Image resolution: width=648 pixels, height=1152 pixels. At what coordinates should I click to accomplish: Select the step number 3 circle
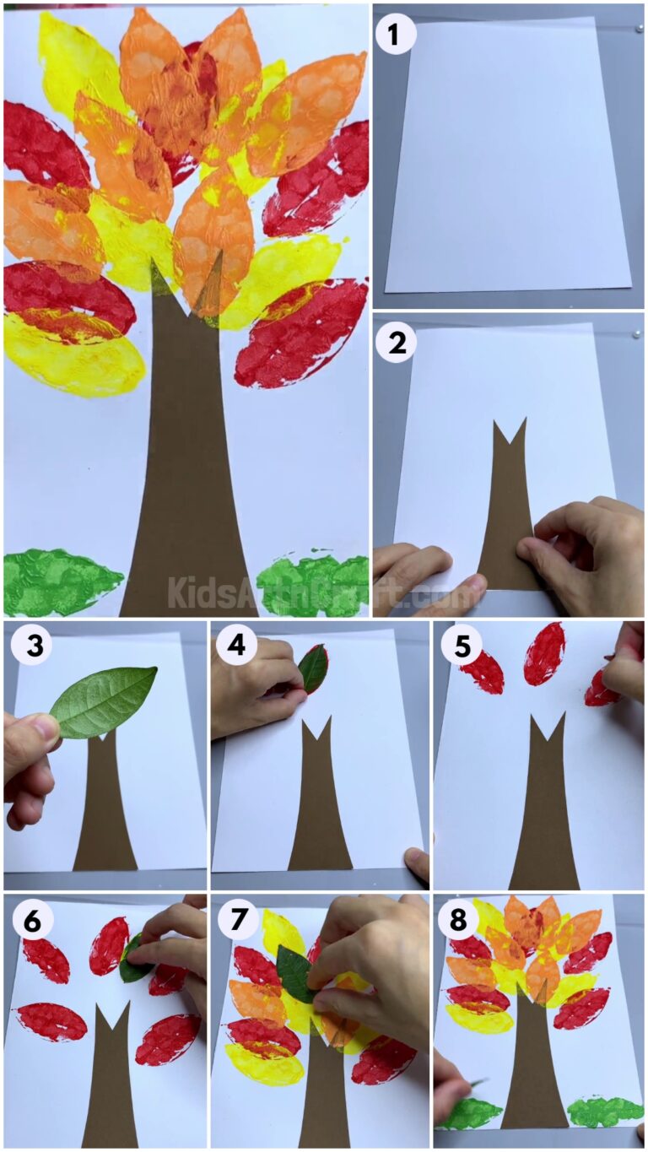coord(31,646)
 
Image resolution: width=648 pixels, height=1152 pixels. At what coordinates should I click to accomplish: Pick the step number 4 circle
coord(238,646)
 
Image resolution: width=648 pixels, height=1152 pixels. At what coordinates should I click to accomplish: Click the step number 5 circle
coord(462,646)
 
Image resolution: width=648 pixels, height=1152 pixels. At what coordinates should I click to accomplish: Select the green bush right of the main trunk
coord(312,582)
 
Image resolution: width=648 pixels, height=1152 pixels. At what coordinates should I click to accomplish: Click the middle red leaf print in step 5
coord(544,653)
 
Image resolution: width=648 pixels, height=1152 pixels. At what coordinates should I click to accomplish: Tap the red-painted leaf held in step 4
coord(313,668)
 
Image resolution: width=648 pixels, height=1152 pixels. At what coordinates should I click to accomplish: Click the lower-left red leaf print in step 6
coord(51,1021)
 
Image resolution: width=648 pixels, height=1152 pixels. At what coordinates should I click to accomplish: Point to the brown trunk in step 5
coord(545,810)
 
